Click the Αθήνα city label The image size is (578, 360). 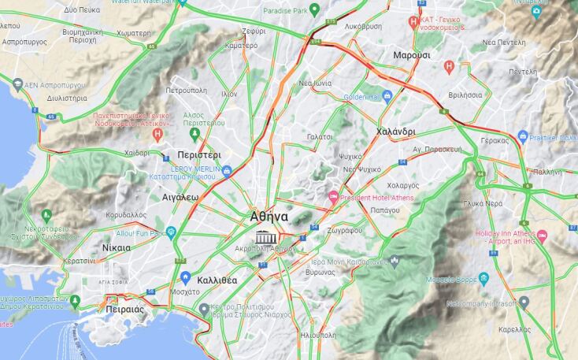pos(269,217)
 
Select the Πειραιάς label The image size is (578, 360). pos(124,310)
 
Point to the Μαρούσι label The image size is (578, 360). pos(411,55)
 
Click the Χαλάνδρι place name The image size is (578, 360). pos(396,131)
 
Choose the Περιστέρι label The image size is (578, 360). pos(199,154)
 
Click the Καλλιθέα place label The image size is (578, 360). pos(217,279)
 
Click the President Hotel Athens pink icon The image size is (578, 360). pos(333,195)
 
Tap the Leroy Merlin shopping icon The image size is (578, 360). pos(227,170)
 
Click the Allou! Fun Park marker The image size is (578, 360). pos(171,232)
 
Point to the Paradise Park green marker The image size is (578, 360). pos(314,9)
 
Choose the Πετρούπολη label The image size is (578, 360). pos(185,91)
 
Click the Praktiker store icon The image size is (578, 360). pos(522,138)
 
